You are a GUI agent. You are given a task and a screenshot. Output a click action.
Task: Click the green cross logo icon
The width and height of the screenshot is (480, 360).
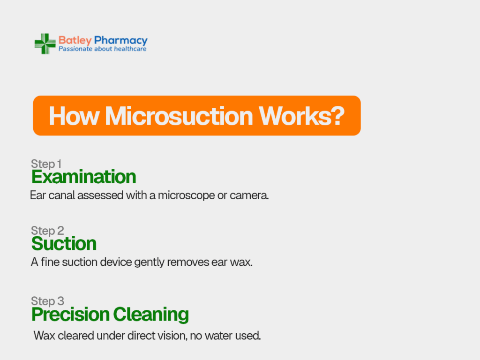pyautogui.click(x=45, y=44)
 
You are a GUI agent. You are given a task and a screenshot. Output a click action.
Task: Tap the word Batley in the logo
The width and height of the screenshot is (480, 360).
pyautogui.click(x=75, y=40)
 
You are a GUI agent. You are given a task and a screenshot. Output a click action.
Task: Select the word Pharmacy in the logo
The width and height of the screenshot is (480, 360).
pyautogui.click(x=120, y=40)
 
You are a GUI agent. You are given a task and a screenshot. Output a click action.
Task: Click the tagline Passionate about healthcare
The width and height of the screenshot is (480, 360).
pyautogui.click(x=103, y=49)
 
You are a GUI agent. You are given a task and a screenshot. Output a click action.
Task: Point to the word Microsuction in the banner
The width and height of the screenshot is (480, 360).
pyautogui.click(x=179, y=116)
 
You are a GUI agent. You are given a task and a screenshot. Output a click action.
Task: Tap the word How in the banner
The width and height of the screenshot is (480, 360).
pyautogui.click(x=75, y=116)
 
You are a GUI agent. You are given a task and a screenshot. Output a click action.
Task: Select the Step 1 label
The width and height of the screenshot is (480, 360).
pyautogui.click(x=46, y=164)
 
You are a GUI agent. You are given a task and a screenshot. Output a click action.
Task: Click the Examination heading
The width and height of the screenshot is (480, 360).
pyautogui.click(x=83, y=177)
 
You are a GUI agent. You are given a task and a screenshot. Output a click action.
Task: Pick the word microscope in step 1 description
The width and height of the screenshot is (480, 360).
pyautogui.click(x=187, y=195)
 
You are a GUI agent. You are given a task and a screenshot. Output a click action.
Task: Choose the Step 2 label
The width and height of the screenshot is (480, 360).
pyautogui.click(x=47, y=231)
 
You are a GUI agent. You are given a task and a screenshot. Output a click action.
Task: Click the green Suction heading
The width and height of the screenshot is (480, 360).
pyautogui.click(x=64, y=244)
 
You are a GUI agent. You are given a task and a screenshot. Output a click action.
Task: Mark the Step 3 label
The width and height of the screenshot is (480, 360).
pyautogui.click(x=47, y=301)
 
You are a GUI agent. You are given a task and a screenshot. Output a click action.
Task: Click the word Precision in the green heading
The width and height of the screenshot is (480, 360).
pyautogui.click(x=70, y=315)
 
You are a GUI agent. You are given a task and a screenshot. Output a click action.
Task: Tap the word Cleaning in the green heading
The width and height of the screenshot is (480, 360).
pyautogui.click(x=151, y=315)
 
